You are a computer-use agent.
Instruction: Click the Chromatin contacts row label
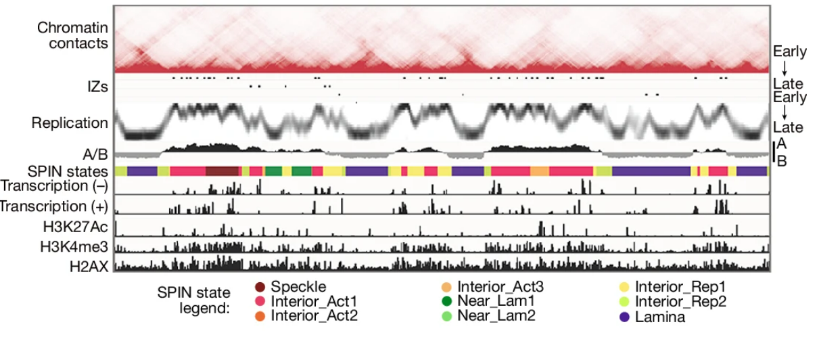tap(72, 36)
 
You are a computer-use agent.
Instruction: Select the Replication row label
tap(70, 123)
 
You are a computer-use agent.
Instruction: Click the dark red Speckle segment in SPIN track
tap(222, 171)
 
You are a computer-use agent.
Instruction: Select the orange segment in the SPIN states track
tap(539, 171)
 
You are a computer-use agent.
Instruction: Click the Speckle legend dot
tap(260, 287)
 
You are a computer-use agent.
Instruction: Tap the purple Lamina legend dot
tap(625, 315)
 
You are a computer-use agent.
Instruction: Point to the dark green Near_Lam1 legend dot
tap(446, 301)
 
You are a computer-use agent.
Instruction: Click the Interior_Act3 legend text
tap(500, 287)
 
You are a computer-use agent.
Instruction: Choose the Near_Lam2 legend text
tap(496, 315)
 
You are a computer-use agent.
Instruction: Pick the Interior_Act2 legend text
tap(314, 315)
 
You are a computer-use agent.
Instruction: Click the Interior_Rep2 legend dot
tap(625, 301)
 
